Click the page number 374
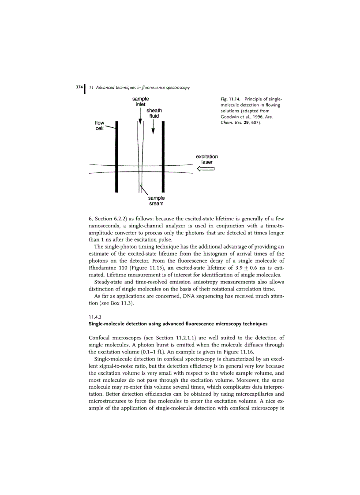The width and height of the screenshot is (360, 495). [79, 87]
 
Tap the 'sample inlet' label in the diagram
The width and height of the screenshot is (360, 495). [140, 102]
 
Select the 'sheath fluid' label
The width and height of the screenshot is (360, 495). [154, 113]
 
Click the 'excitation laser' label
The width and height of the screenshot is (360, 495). [207, 159]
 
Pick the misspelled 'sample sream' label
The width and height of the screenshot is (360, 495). [156, 201]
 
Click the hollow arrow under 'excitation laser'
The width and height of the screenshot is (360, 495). [205, 169]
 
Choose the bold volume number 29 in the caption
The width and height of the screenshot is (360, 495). [250, 123]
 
